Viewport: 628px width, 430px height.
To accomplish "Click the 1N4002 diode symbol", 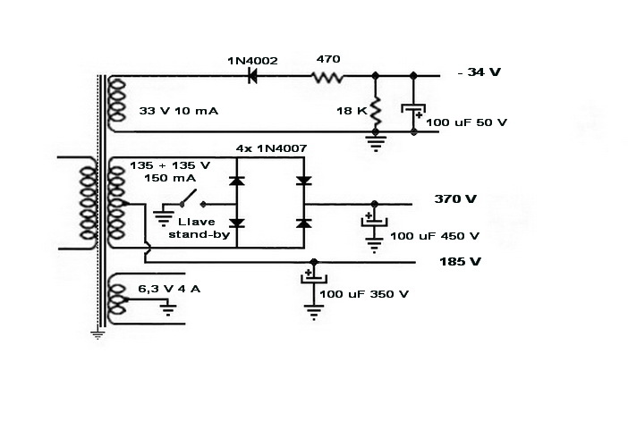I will (x=251, y=77).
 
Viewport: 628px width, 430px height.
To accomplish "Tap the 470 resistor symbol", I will (x=327, y=77).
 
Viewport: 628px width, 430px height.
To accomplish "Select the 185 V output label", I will (x=460, y=262).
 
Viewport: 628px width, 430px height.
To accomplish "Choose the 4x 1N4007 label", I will (x=267, y=147).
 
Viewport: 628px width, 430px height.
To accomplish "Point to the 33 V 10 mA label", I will (x=177, y=111).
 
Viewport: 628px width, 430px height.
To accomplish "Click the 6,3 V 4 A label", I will (x=169, y=289).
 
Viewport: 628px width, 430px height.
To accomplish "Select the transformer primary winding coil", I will (x=88, y=203).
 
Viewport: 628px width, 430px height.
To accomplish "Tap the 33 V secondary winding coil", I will (x=115, y=101).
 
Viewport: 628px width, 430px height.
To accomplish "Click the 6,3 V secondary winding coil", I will (x=115, y=301).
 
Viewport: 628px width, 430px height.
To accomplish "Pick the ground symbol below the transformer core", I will (x=98, y=334).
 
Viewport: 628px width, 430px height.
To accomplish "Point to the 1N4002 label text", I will (x=252, y=60).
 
